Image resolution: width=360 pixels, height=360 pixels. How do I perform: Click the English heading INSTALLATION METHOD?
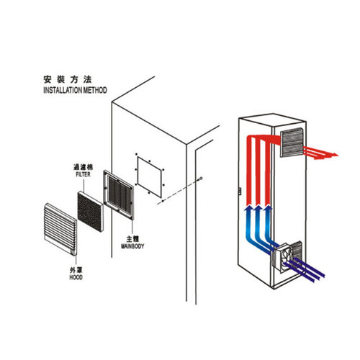coord(75,90)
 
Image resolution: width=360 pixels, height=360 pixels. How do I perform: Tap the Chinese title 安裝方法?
coord(68,79)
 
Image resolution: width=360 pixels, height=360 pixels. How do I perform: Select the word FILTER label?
coord(84,174)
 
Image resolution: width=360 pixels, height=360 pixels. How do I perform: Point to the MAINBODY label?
coord(132,246)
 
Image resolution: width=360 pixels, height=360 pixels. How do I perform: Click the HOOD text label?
coord(76,277)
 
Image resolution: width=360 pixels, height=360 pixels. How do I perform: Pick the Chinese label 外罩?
coord(76,270)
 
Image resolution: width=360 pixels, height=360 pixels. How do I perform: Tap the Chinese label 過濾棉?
coord(83,167)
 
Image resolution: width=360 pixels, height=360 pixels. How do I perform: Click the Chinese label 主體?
coord(132,239)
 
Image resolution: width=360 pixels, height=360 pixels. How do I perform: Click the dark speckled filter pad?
coord(91,212)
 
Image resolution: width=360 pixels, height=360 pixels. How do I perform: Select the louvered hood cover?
coord(60,229)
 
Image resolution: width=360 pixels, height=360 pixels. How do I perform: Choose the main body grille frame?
coord(118,195)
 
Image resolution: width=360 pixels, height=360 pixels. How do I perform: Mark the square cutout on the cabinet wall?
coord(149,177)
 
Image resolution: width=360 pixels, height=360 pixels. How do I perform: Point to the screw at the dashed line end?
coord(200,179)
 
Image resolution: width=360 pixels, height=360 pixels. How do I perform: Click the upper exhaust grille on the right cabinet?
coord(292,143)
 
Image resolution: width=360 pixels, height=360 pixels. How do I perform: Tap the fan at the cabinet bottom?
coord(283,257)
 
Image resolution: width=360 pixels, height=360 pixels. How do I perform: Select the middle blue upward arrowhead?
coord(258,207)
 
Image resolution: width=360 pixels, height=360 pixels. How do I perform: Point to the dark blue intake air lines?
coord(305,269)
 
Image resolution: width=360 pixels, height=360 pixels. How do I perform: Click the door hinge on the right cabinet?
coord(239,191)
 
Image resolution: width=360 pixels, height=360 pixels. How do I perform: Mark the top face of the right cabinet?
coord(272,120)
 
